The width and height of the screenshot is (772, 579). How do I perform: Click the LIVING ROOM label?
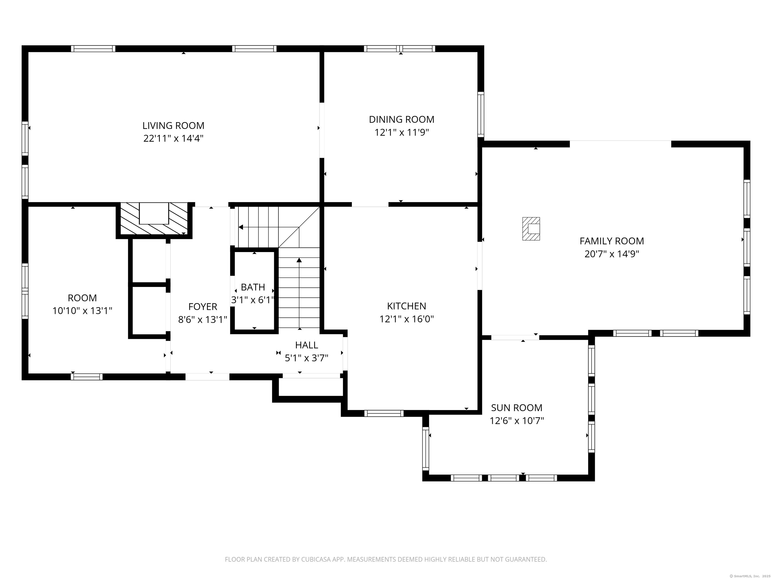(x=173, y=126)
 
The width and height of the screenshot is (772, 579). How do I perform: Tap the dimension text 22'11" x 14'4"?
(x=173, y=138)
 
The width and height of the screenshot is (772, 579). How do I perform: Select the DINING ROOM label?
(x=402, y=119)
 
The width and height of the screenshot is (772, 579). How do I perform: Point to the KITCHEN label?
(x=407, y=306)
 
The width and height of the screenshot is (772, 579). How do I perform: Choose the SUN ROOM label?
(x=517, y=408)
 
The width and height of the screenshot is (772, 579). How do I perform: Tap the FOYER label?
(x=203, y=307)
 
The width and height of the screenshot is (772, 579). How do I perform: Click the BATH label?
(x=253, y=287)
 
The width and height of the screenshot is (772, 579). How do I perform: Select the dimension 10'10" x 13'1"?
(x=82, y=311)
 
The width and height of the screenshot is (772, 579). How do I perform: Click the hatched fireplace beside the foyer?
(x=154, y=219)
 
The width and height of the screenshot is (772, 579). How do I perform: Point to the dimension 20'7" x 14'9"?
(x=612, y=254)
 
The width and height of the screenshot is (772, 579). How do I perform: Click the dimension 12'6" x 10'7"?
(x=517, y=420)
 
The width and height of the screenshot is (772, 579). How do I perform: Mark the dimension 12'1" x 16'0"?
(x=407, y=319)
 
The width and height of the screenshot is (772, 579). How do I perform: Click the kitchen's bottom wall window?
(x=384, y=413)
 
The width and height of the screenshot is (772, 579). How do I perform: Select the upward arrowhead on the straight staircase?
(x=299, y=260)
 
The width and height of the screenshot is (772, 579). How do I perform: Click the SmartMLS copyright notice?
(x=750, y=576)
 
